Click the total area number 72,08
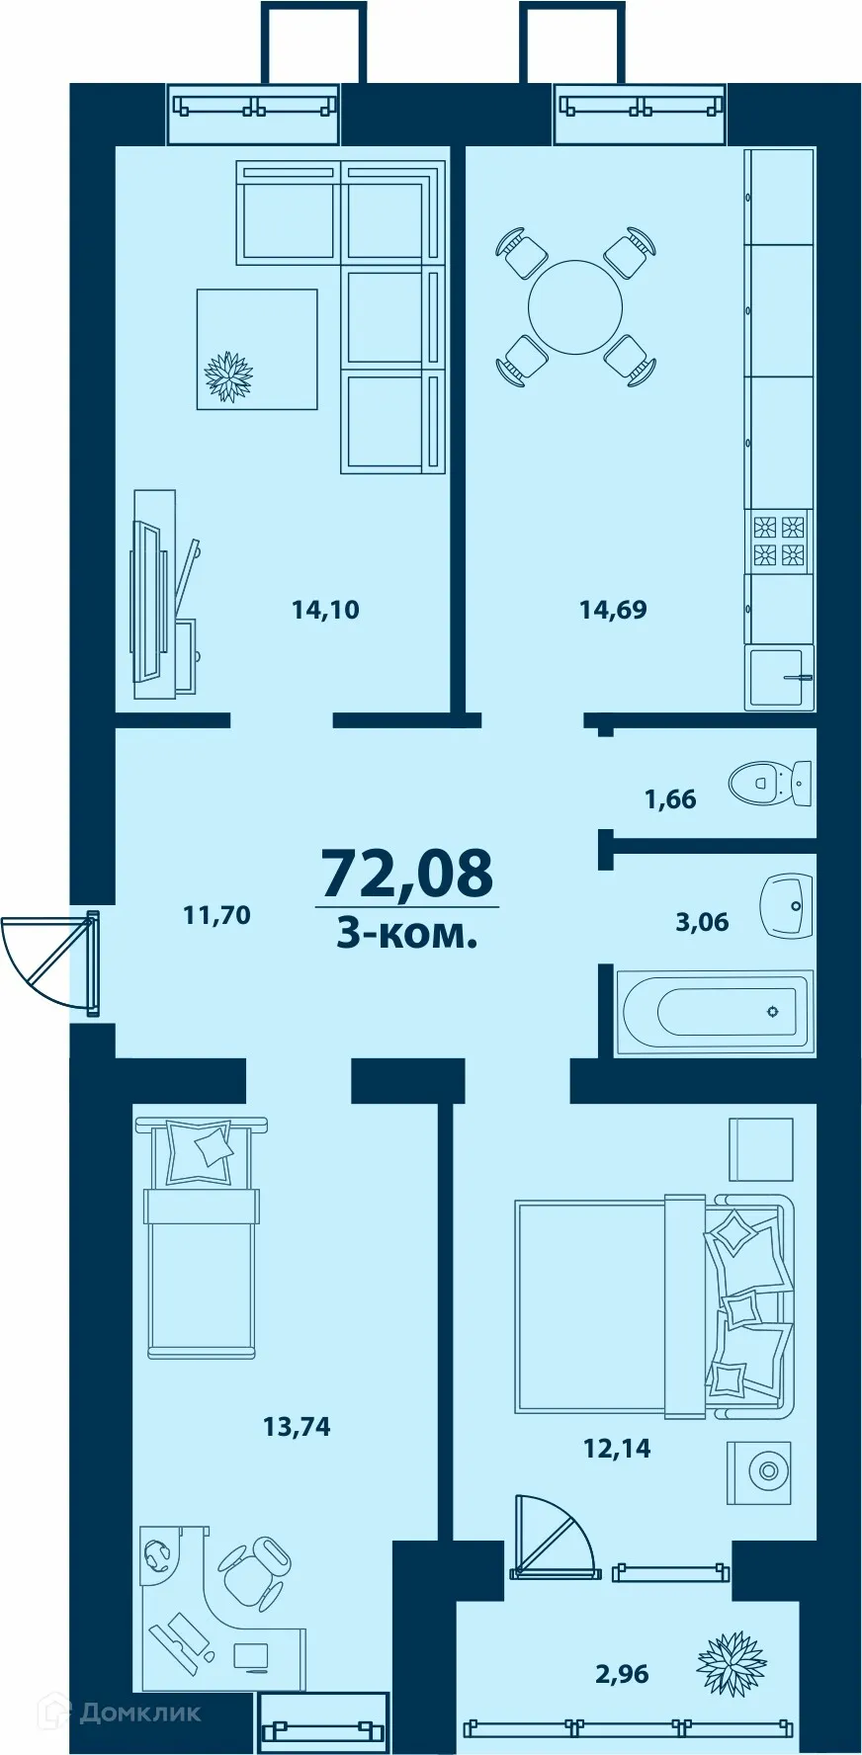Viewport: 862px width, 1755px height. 406,873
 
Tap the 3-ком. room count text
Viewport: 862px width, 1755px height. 406,933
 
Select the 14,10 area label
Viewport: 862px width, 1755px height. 325,610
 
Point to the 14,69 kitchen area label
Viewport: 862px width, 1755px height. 613,610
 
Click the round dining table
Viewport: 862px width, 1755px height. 574,307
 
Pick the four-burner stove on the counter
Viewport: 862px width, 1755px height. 778,542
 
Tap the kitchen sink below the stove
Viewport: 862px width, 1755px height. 779,677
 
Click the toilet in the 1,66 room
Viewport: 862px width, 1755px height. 769,784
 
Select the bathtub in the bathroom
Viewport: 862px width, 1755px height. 714,1011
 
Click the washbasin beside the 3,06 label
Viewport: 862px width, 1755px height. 787,904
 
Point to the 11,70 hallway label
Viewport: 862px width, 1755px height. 216,915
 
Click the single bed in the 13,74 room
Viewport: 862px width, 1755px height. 202,1239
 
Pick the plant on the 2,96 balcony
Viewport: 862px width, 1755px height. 732,1664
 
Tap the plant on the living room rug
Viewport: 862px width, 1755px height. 228,376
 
